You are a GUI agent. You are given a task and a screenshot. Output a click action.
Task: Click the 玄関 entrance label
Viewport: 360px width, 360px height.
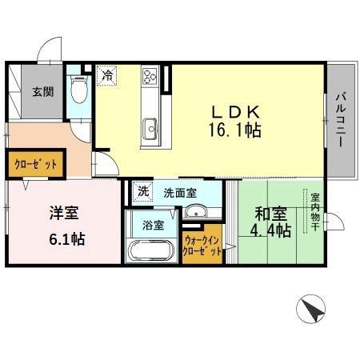click(43, 91)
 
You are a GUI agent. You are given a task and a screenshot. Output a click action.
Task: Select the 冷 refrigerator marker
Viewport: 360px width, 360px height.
click(106, 76)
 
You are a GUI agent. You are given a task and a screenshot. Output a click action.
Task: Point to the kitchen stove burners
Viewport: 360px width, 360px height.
click(150, 77)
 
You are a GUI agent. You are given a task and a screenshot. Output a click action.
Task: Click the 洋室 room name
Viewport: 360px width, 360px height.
click(62, 214)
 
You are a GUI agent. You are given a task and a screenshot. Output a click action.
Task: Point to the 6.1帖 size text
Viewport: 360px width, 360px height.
click(67, 238)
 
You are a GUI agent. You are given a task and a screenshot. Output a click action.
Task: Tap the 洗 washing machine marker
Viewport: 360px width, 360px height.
click(142, 192)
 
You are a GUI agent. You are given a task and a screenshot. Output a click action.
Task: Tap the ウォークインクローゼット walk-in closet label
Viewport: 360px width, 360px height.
click(203, 245)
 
